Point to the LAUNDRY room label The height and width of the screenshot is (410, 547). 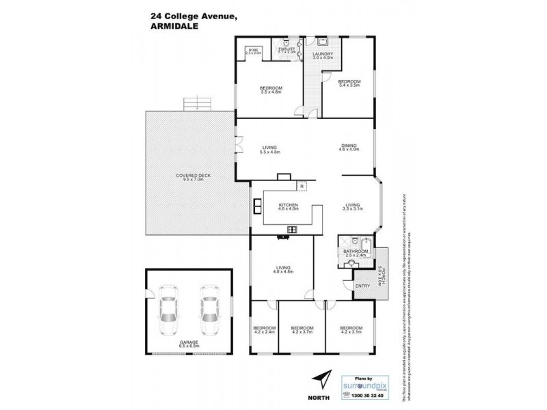click(x=322, y=55)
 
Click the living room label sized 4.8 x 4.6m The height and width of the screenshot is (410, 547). click(x=283, y=269)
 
